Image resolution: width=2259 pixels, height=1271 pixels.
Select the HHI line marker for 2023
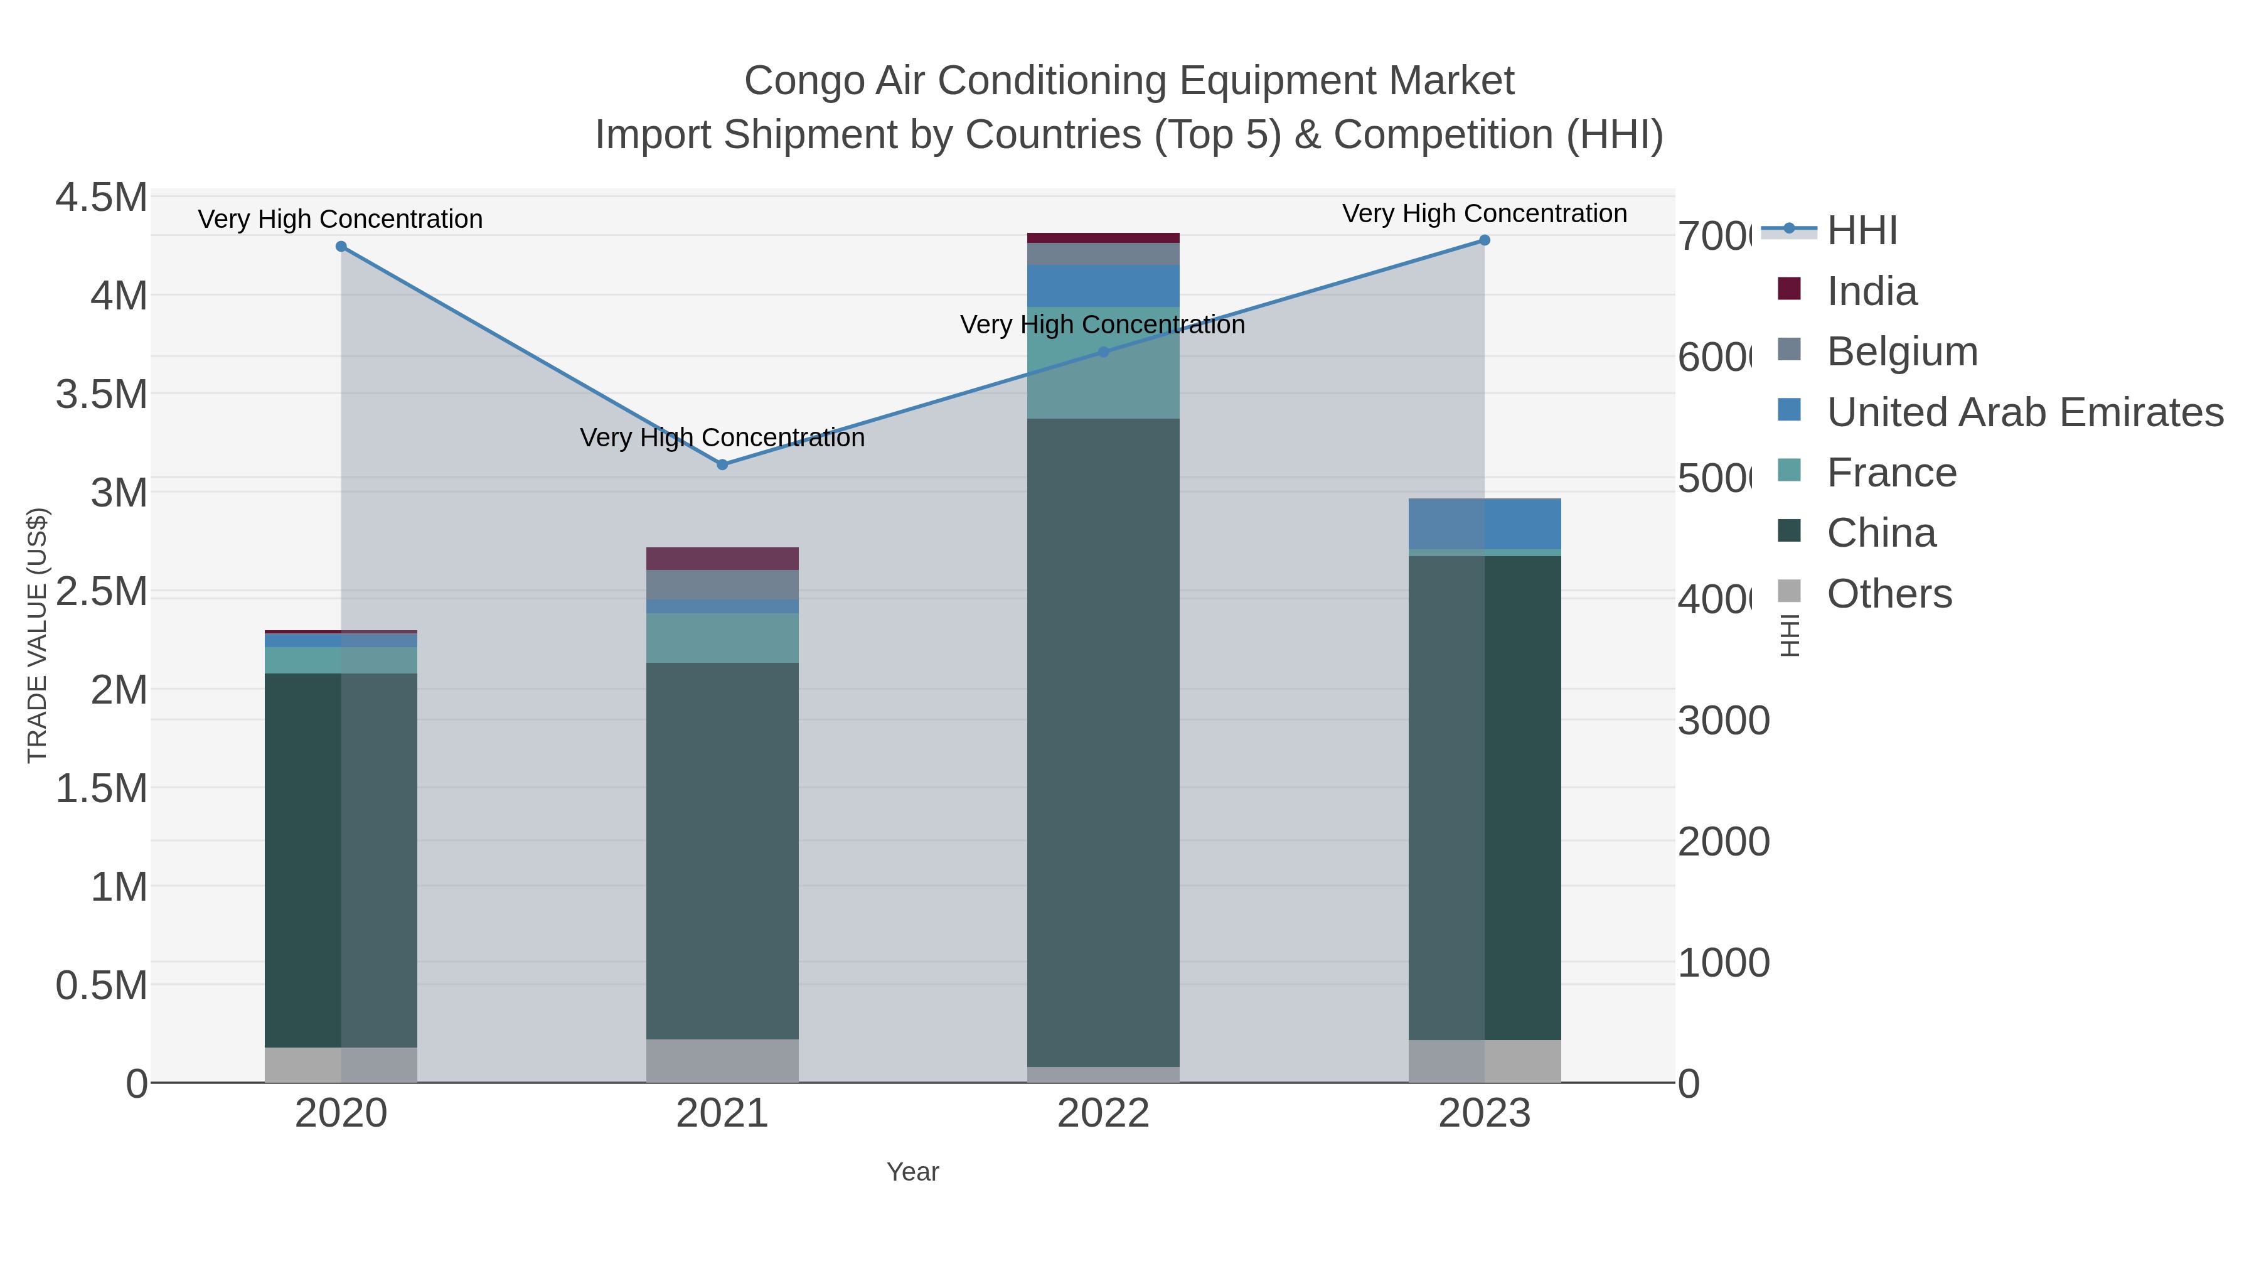[1484, 240]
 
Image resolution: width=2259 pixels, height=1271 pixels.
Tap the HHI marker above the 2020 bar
[341, 247]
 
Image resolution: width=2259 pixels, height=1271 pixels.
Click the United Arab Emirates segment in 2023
[1484, 523]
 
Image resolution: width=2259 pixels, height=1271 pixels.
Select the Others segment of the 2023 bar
[1484, 1061]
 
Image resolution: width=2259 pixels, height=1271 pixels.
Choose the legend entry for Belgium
[1901, 351]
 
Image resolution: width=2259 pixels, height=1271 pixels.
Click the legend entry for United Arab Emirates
[2024, 412]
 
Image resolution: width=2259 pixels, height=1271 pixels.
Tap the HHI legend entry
[1861, 231]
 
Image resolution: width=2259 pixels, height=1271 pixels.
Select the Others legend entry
[1888, 594]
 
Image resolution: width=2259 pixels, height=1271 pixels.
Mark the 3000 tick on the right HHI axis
[1723, 721]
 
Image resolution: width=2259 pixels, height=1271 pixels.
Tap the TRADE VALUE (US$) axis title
[37, 635]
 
